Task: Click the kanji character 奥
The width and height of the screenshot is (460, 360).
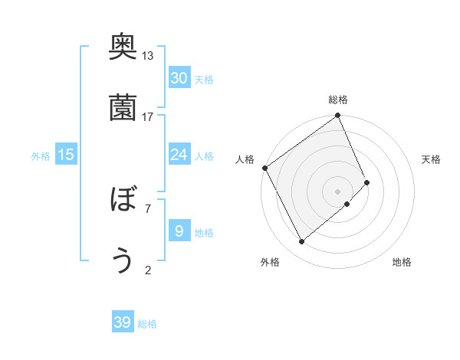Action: (x=123, y=47)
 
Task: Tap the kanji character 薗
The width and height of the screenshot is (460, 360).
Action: (x=123, y=107)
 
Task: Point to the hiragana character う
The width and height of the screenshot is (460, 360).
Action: (x=123, y=260)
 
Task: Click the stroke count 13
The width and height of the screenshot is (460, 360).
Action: (x=148, y=56)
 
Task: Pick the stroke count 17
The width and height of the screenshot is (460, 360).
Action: (x=148, y=116)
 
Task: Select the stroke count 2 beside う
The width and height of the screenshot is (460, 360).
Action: (x=148, y=269)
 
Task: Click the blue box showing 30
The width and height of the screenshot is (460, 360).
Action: (x=179, y=77)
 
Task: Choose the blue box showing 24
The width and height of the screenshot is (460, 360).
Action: (x=179, y=155)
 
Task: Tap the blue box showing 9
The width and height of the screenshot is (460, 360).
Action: (x=179, y=231)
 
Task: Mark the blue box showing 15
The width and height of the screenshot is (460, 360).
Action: (x=66, y=155)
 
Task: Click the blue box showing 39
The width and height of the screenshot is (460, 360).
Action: (x=123, y=322)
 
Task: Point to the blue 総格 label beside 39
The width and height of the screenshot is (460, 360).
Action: (x=147, y=324)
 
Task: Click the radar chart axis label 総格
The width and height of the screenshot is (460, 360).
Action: (x=338, y=100)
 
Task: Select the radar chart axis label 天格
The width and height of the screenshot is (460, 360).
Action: (x=432, y=159)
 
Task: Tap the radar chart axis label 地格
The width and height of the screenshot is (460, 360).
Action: (x=402, y=262)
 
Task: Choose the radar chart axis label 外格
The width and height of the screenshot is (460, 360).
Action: (x=270, y=262)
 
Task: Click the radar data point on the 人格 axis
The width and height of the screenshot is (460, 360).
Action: (x=264, y=168)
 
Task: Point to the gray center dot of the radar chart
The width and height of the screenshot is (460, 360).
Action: (x=337, y=190)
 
